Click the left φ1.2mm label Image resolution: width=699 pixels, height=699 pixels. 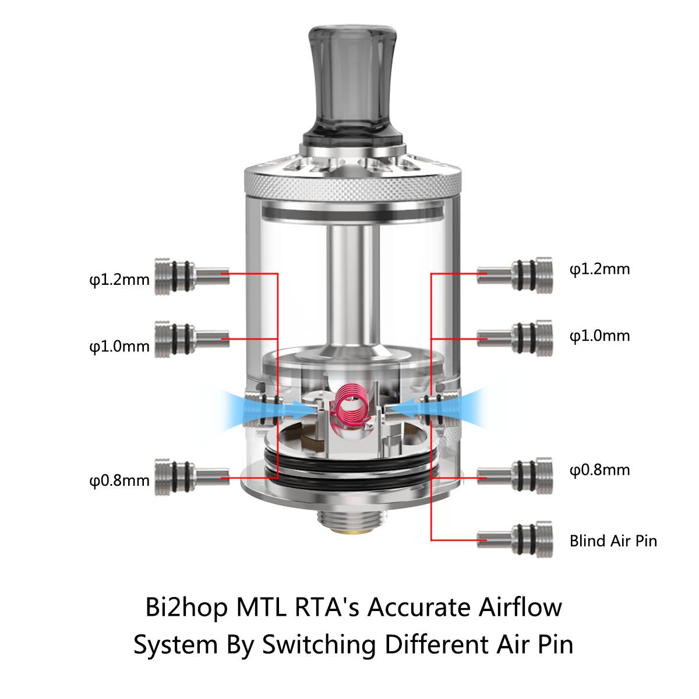(119, 280)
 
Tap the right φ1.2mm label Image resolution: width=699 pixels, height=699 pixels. (599, 269)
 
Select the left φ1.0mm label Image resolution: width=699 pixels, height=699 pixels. (119, 347)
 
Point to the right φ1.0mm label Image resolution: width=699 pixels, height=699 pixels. (599, 336)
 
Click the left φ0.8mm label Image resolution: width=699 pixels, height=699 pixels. (119, 481)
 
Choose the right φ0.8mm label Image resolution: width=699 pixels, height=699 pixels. (599, 470)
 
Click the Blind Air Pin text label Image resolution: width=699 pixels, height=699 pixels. (613, 541)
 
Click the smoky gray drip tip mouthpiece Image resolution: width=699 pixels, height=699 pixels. (349, 82)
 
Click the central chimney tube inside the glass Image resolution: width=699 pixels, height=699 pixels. (349, 285)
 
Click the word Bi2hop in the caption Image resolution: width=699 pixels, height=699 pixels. (186, 608)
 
